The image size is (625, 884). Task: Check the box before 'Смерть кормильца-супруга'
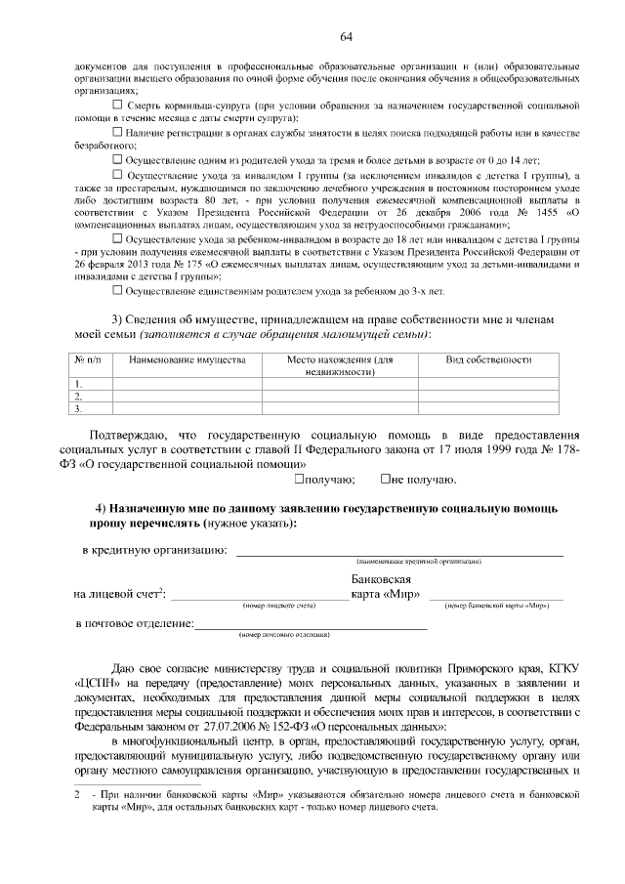pyautogui.click(x=118, y=103)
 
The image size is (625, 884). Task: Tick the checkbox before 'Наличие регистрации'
pyautogui.click(x=118, y=131)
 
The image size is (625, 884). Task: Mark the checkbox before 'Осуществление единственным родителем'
pyautogui.click(x=118, y=290)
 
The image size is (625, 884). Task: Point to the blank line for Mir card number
pyautogui.click(x=495, y=596)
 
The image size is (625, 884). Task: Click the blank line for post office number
pyautogui.click(x=311, y=626)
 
